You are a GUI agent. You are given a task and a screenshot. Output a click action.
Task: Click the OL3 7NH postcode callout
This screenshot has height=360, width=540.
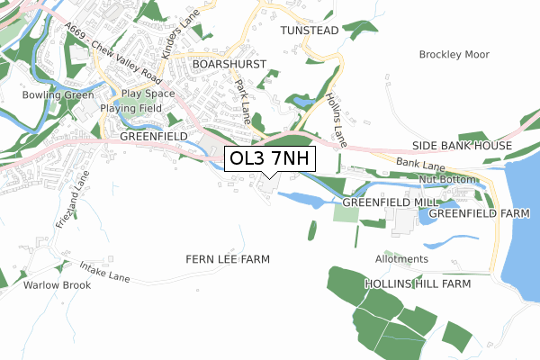pos(270,159)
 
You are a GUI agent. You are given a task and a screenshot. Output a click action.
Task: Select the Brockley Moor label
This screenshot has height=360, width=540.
pos(454,55)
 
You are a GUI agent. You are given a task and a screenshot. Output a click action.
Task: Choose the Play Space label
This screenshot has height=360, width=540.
pos(148,94)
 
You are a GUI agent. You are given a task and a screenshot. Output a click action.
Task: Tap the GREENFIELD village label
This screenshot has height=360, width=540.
pos(154,136)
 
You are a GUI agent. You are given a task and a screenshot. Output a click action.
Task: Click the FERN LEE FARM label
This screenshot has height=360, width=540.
pos(228,259)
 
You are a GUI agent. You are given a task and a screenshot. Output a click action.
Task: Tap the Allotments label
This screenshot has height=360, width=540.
pos(401,259)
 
